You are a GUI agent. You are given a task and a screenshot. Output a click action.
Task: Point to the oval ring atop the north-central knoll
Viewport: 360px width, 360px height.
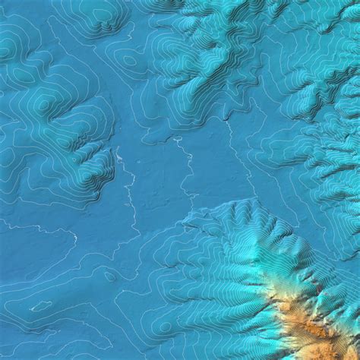coord(129,61)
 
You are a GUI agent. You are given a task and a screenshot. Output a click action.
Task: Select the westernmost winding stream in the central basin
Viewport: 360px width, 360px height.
coord(129,190)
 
